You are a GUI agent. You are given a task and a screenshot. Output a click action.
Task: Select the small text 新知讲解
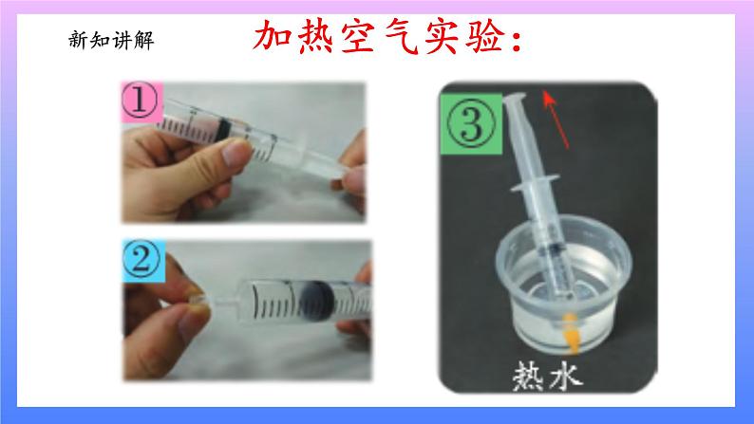[110, 40]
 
